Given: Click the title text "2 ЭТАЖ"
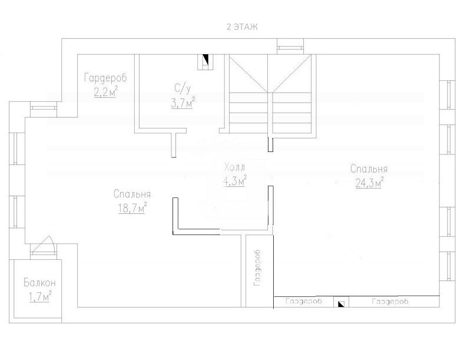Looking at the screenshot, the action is [x=242, y=27].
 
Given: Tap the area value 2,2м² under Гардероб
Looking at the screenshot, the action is [x=105, y=92].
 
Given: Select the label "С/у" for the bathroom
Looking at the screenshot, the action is [x=183, y=88].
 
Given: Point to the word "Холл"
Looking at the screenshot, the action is [x=234, y=167].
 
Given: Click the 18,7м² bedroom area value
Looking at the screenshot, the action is [x=132, y=207].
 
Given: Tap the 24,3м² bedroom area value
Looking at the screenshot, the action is [x=369, y=182].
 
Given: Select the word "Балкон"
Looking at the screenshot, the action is [x=39, y=283].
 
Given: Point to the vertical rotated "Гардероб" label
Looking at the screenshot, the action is [x=257, y=268].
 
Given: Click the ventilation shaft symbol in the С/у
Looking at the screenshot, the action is [x=205, y=62].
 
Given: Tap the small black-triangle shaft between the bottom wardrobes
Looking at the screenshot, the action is [x=341, y=303].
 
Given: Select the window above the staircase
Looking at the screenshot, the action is [x=290, y=47].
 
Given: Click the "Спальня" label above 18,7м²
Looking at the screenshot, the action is [x=132, y=194].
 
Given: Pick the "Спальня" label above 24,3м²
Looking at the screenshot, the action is [x=369, y=169].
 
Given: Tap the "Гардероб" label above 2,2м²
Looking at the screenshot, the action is [x=105, y=78].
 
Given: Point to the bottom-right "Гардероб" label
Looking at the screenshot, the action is [x=390, y=301].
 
